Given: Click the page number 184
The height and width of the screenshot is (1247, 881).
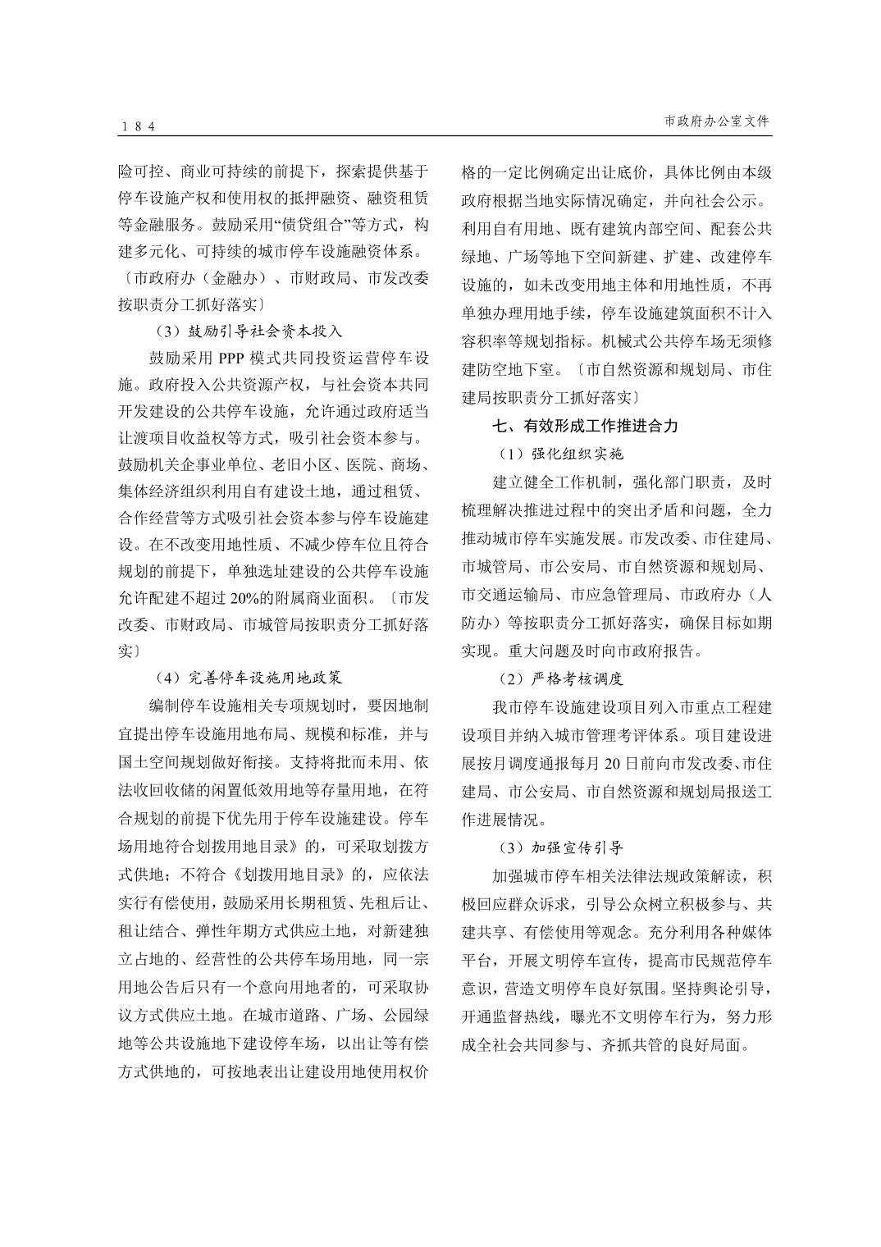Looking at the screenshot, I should coord(138,126).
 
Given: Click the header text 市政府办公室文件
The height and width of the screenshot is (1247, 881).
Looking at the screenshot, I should coord(717,121).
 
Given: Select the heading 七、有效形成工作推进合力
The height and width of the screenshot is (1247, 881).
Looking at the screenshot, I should coord(585,426).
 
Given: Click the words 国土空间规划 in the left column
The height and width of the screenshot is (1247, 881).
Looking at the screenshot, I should coord(157,762).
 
